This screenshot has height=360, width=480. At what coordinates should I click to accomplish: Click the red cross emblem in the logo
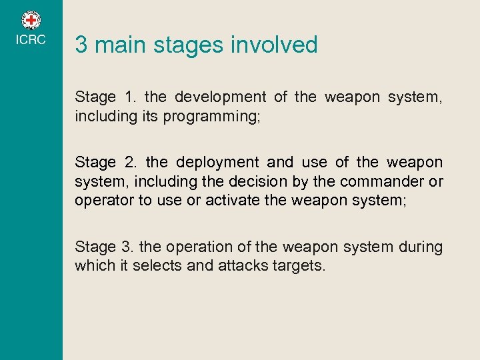[x=31, y=20]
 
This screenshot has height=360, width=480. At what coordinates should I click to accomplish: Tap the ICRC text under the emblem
[x=31, y=40]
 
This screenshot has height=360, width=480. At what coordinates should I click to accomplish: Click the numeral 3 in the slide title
[x=81, y=45]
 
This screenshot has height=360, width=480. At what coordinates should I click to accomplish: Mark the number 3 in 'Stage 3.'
[x=126, y=247]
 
